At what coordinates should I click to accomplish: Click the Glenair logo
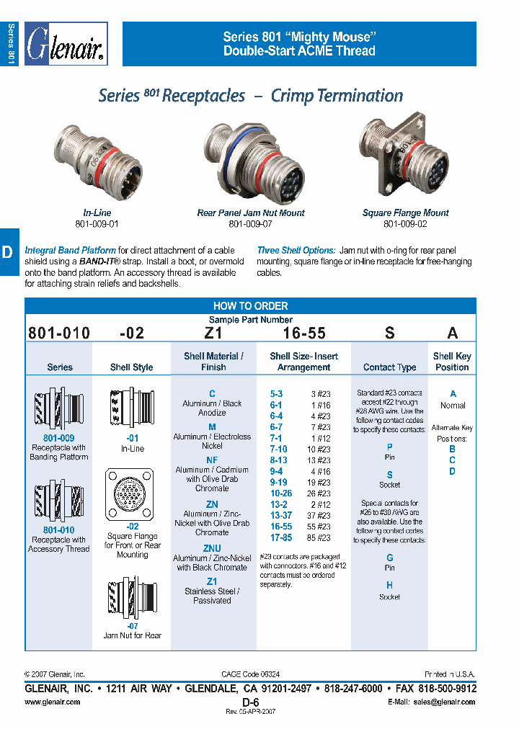point(67,45)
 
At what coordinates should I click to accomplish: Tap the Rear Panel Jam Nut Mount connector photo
point(251,158)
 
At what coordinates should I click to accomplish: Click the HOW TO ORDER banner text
point(250,305)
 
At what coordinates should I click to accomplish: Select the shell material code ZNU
point(212,548)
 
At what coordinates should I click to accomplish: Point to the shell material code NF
point(212,460)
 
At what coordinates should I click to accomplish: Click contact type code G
point(389,558)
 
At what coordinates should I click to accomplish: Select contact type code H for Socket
point(389,586)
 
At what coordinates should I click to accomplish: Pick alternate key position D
point(452,472)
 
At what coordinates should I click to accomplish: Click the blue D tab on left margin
point(8,252)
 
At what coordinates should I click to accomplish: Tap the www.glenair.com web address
point(50,702)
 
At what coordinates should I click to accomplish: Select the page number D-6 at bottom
point(250,702)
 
